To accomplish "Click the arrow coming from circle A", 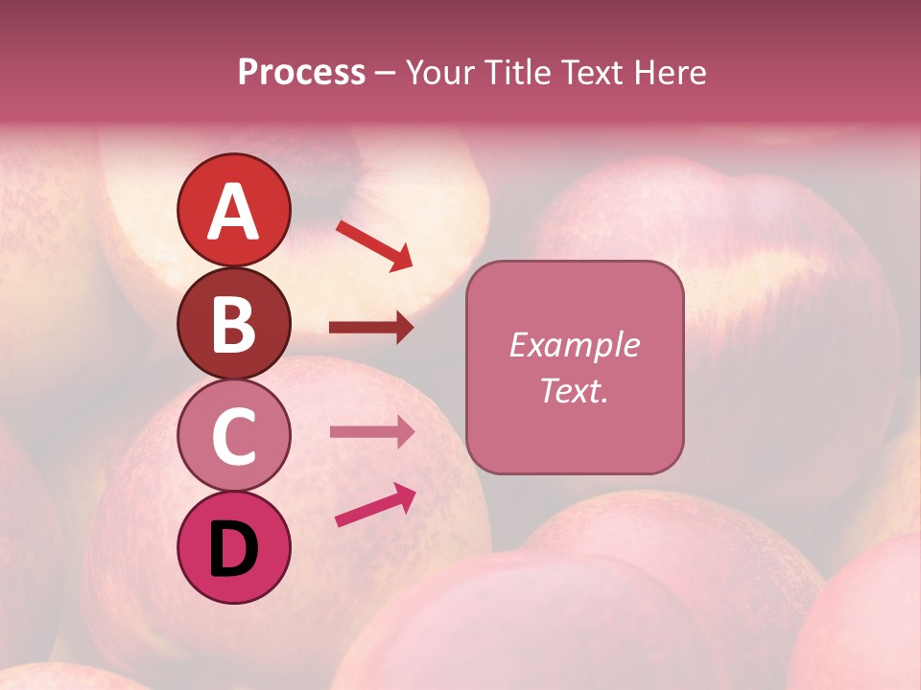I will [x=374, y=245].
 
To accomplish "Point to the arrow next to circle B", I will [x=371, y=328].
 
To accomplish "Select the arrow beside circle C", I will [x=371, y=432].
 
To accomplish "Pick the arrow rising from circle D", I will [x=375, y=506].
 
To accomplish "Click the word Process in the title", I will [x=301, y=73].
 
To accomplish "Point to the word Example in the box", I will [x=574, y=345].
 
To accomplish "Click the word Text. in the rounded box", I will [x=574, y=391].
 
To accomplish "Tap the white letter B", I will [x=233, y=323].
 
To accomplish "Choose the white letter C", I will [x=233, y=436].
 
